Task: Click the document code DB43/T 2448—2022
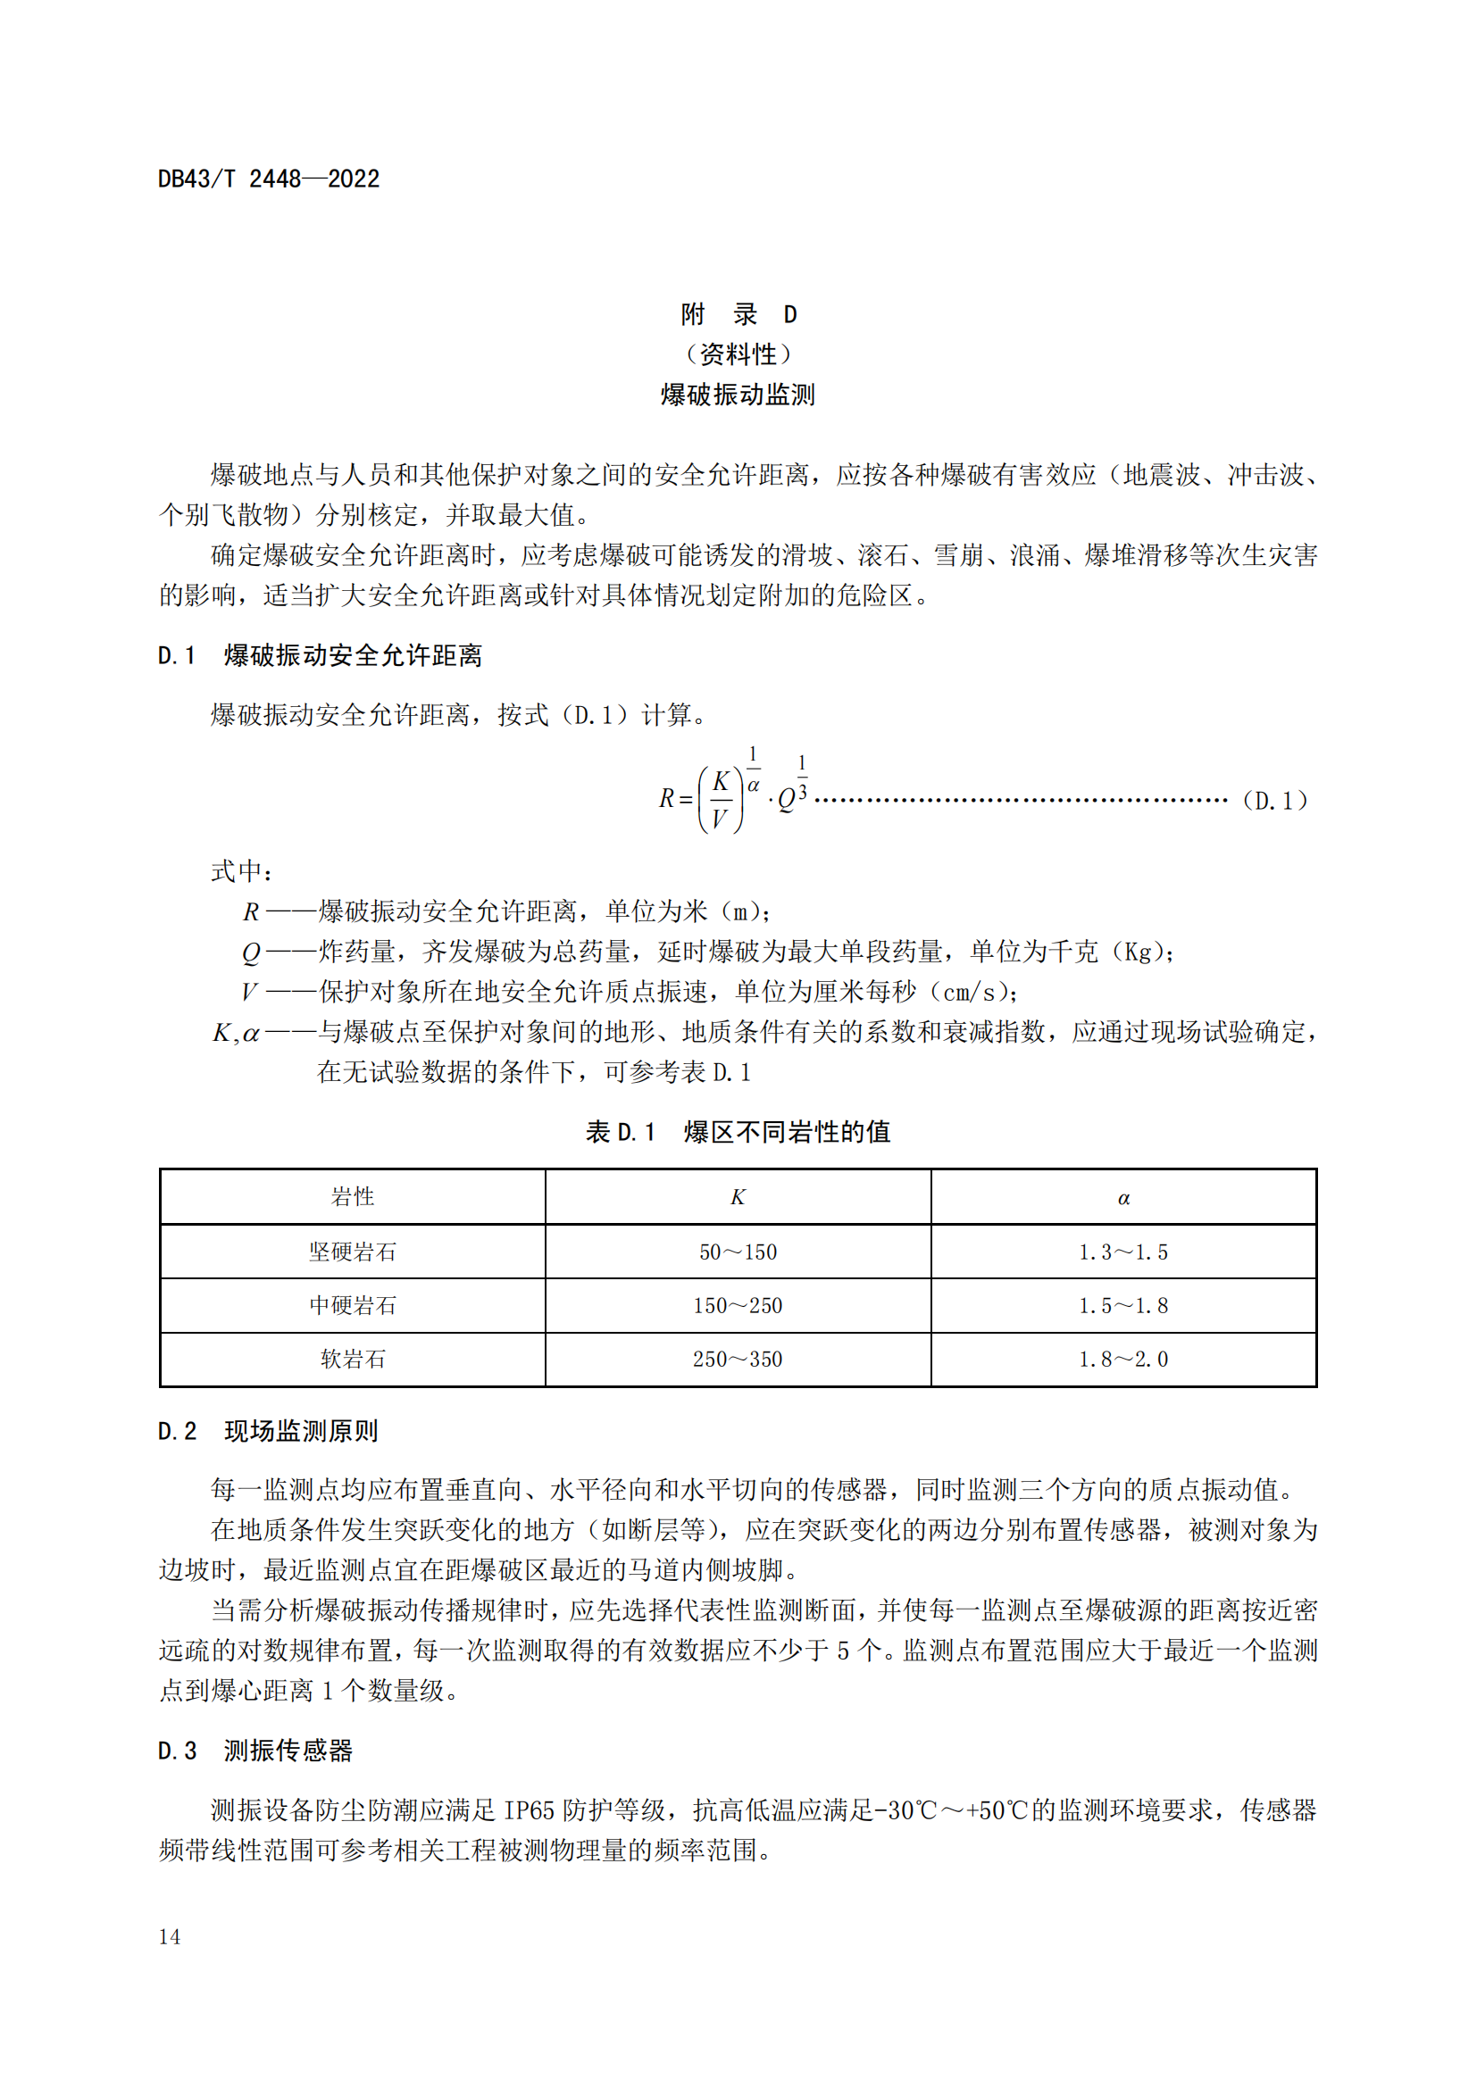click(268, 179)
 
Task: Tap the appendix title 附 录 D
click(738, 314)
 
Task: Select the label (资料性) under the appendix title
click(738, 354)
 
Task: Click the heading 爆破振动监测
click(738, 395)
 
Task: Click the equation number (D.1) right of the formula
click(1275, 800)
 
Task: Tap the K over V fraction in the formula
click(720, 799)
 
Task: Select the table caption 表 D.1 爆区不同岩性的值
click(738, 1131)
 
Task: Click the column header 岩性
click(353, 1197)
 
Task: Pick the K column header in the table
click(738, 1197)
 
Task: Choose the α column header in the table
click(1123, 1198)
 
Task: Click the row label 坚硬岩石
click(353, 1252)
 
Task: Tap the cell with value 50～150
click(738, 1252)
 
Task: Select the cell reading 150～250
click(738, 1305)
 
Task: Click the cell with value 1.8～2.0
click(1123, 1359)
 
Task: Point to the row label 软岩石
click(353, 1359)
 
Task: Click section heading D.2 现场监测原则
click(268, 1430)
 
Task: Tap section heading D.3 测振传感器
click(255, 1751)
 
